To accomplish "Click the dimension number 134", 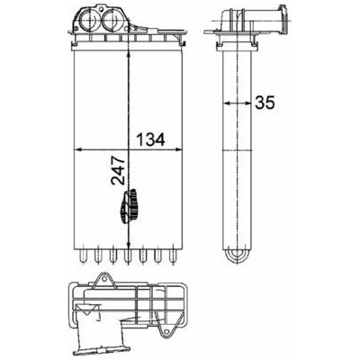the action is click(x=150, y=139).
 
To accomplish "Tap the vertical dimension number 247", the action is click(x=118, y=170).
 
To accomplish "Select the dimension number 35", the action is click(x=265, y=103).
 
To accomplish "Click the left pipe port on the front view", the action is click(x=89, y=19).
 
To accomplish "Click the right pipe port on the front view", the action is click(x=112, y=20).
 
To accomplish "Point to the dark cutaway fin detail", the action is click(x=130, y=207).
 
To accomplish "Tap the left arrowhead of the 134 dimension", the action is click(x=78, y=149).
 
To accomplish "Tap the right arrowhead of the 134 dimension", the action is click(x=178, y=149).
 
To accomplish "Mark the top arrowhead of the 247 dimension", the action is click(x=129, y=55).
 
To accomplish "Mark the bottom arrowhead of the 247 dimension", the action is click(x=129, y=244).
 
